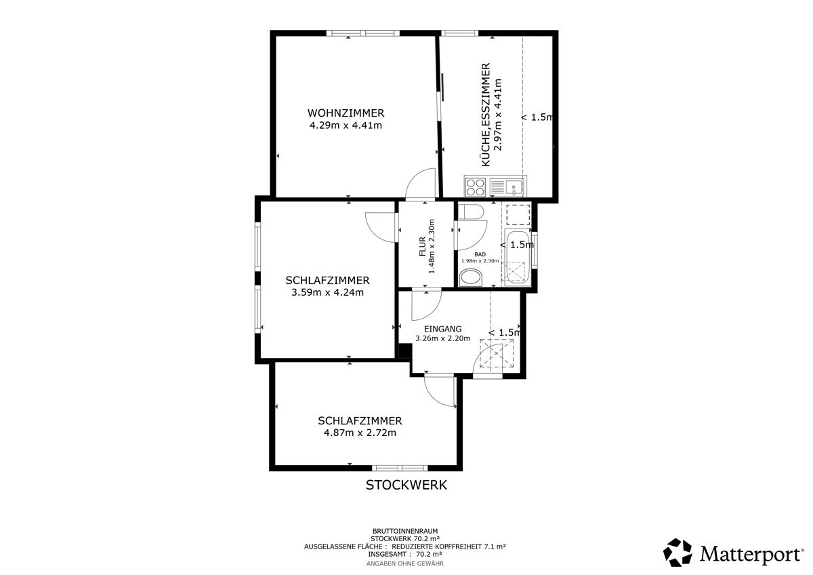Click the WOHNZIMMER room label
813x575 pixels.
[x=346, y=113]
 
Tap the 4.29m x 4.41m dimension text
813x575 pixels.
[x=346, y=125]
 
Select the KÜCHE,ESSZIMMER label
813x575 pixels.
[x=486, y=115]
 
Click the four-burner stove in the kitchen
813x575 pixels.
[x=476, y=187]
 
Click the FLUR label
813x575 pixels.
[x=422, y=246]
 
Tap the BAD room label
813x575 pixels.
[x=480, y=254]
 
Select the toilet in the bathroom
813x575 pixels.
[x=471, y=212]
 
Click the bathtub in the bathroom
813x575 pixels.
[x=518, y=257]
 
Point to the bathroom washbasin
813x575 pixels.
[x=471, y=278]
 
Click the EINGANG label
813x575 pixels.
[x=443, y=329]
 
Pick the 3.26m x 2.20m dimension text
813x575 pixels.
[x=443, y=338]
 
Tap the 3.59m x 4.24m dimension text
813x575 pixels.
[x=327, y=292]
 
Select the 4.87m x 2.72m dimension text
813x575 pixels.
[x=360, y=433]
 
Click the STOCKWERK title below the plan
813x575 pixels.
[x=406, y=485]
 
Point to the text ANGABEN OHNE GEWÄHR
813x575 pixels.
[x=405, y=563]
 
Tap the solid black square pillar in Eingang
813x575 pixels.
[x=405, y=351]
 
